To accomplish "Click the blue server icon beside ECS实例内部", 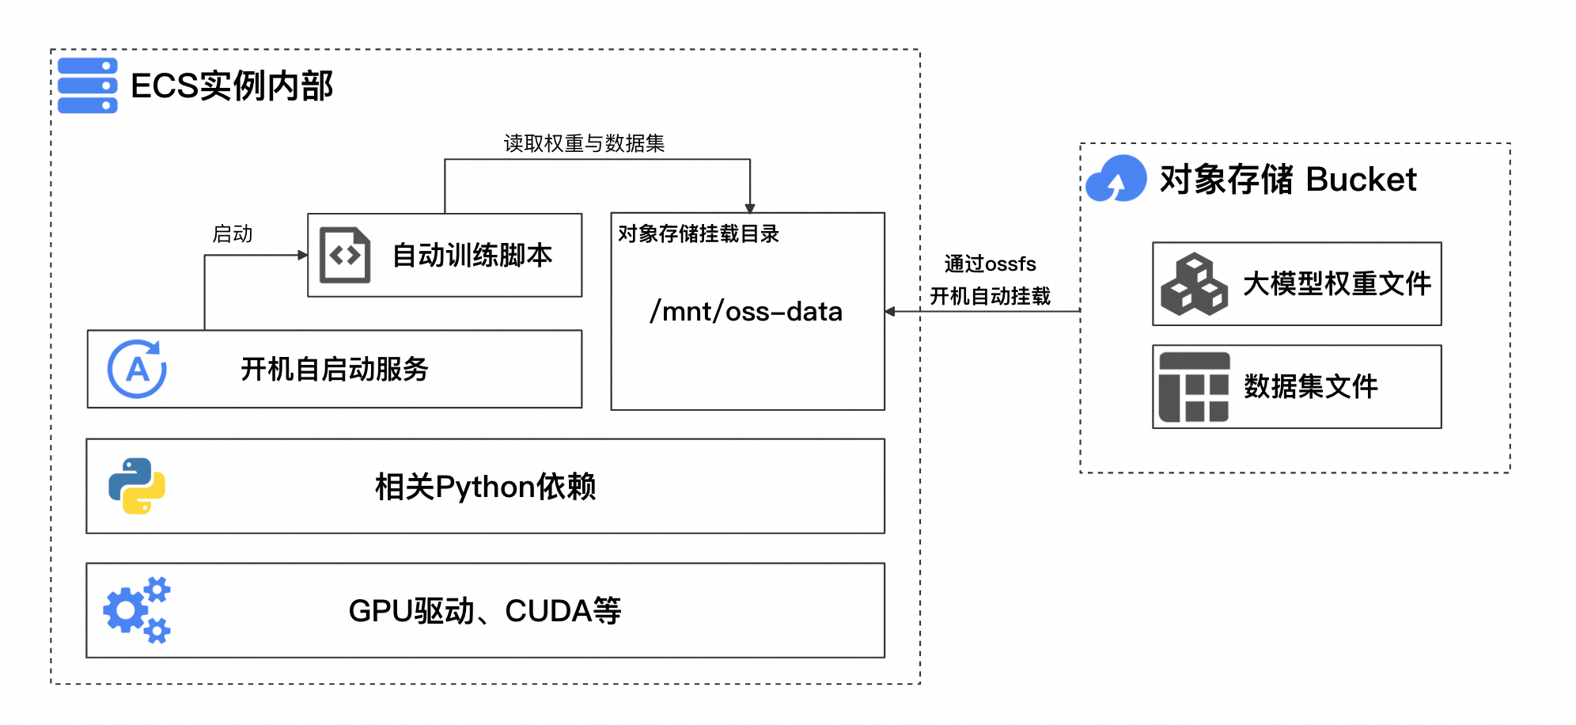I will (88, 85).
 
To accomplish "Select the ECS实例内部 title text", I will (231, 86).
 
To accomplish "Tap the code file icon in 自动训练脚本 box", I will (345, 255).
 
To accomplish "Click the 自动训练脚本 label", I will (472, 255).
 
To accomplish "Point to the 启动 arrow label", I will (233, 234).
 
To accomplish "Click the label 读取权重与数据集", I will (584, 143).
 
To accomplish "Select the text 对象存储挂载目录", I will (699, 233).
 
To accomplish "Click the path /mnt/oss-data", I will (746, 311).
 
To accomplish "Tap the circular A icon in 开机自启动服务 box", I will (137, 369).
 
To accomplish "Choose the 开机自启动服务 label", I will (334, 369).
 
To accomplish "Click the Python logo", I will (137, 486).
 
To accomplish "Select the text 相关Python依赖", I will (485, 487).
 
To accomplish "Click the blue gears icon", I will (137, 610).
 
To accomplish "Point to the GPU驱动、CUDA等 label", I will (485, 611).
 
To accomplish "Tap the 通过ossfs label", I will (990, 264).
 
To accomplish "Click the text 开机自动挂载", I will (990, 296).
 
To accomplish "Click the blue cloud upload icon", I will (1116, 179).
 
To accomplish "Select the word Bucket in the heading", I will (1361, 180).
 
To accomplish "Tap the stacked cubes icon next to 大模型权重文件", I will (1194, 284).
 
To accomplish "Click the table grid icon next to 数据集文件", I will (1194, 387).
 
